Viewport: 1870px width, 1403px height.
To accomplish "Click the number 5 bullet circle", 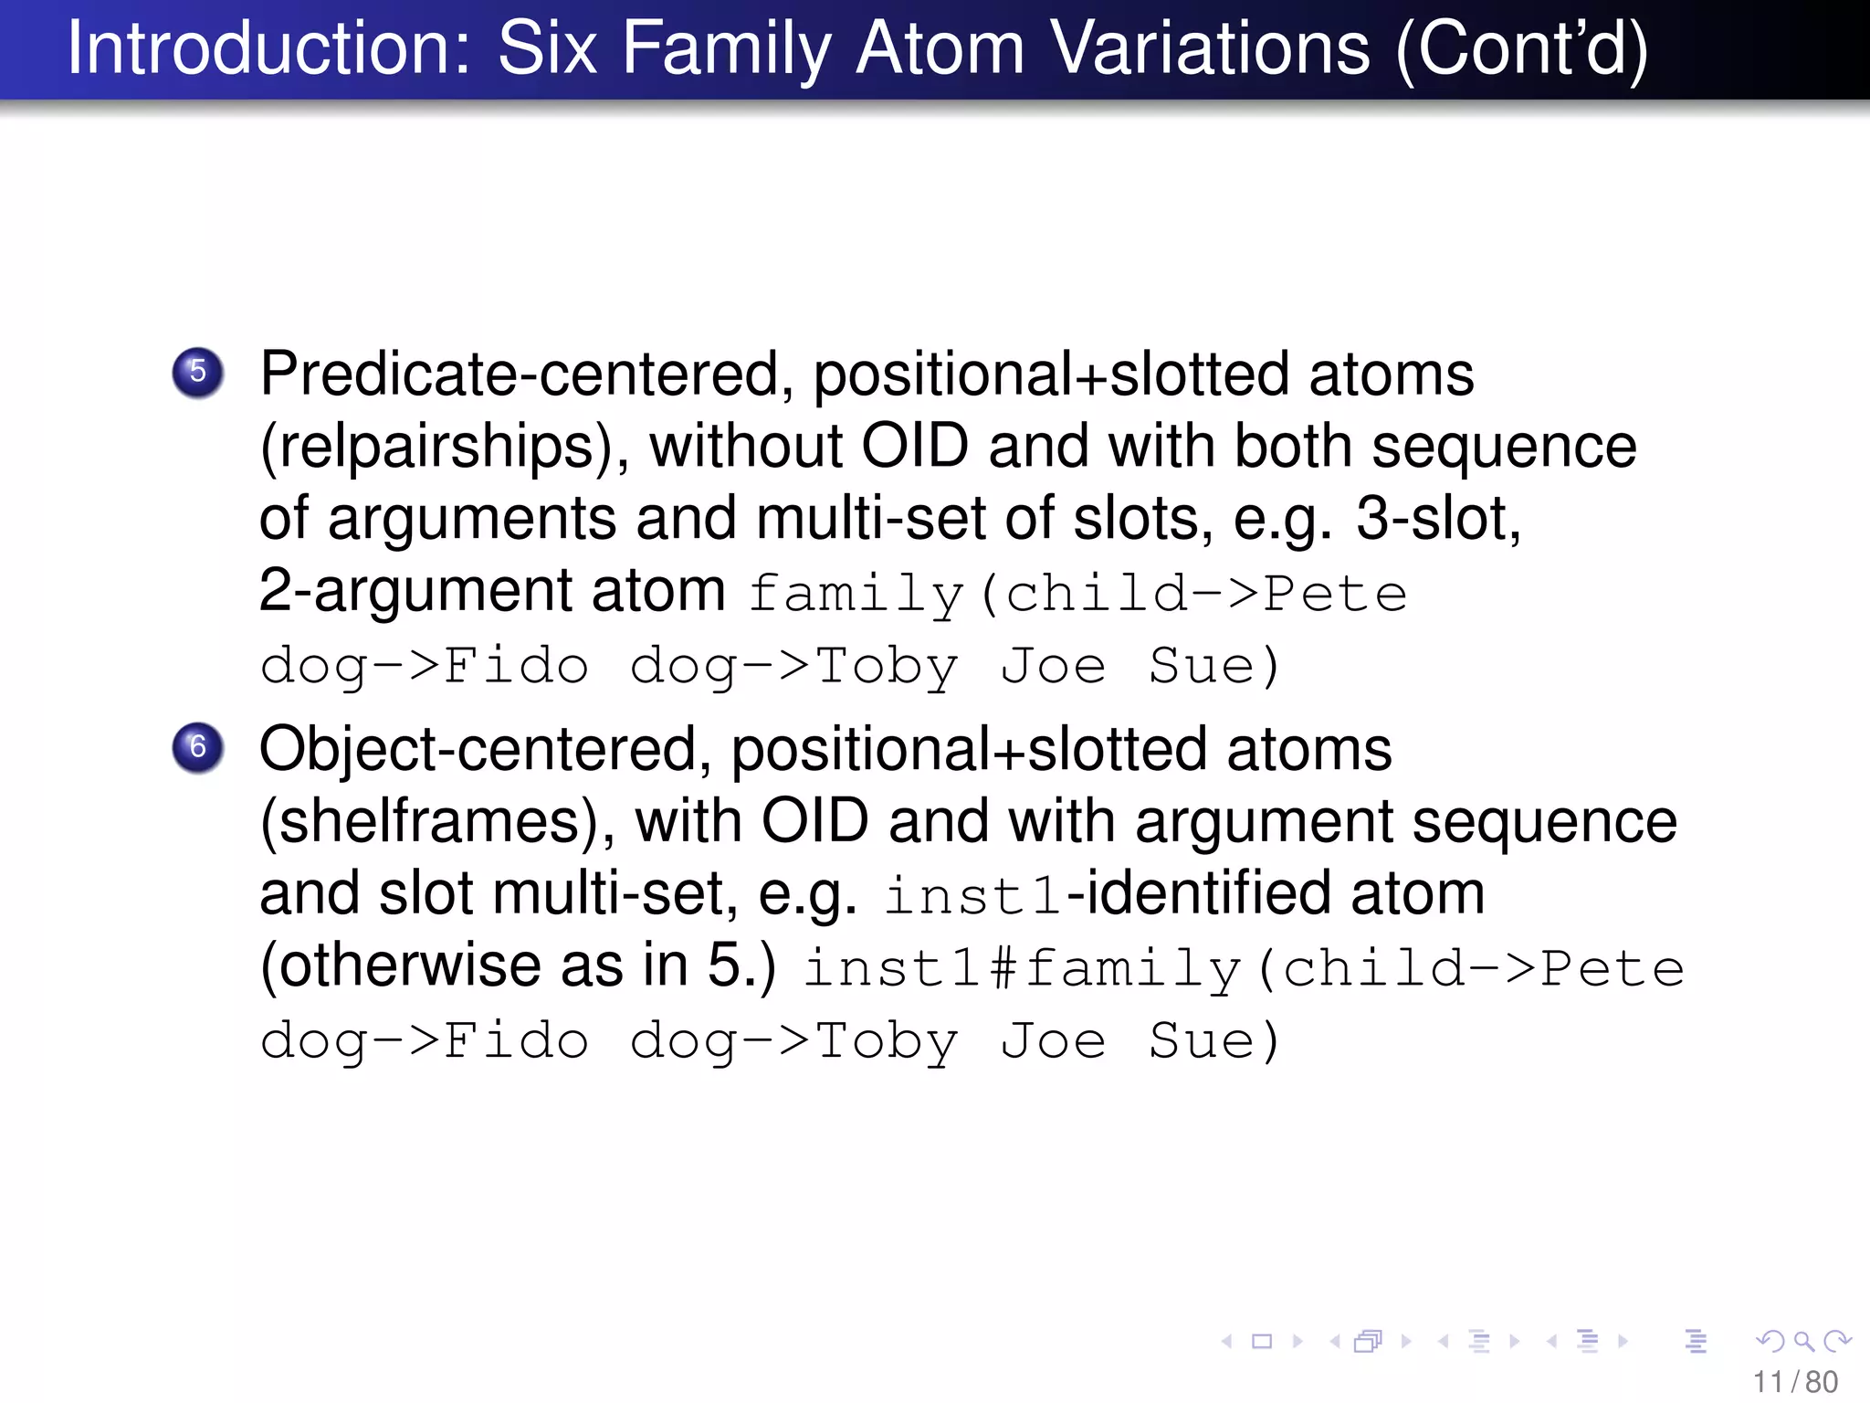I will pos(198,372).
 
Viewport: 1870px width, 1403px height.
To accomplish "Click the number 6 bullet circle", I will pos(198,747).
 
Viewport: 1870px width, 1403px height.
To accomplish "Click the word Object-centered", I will pos(479,750).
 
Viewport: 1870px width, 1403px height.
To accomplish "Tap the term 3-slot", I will pos(1438,519).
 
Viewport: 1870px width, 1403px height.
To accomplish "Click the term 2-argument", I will pos(416,591).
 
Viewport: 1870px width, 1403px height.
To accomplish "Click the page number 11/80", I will pos(1795,1382).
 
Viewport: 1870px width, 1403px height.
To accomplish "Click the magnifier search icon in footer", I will pos(1802,1341).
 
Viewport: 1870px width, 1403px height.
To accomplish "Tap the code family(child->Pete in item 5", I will pos(1077,594).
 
